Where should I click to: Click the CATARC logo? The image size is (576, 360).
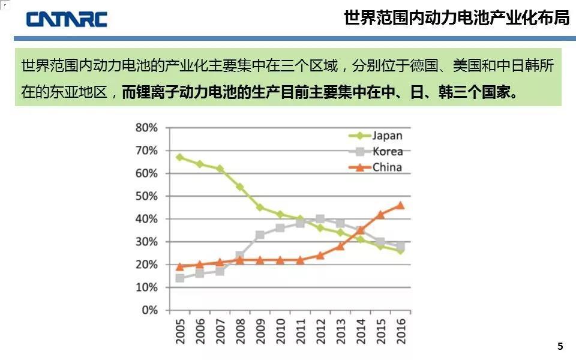click(66, 19)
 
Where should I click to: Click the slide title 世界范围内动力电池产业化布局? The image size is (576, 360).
click(457, 18)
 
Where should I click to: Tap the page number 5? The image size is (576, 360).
click(560, 346)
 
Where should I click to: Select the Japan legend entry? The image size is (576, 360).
click(387, 135)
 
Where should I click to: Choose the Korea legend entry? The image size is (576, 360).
click(387, 151)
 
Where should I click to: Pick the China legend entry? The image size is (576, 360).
click(387, 167)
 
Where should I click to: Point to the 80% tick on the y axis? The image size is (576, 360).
click(146, 128)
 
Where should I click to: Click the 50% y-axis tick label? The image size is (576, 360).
click(146, 196)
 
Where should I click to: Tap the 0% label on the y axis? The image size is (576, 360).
click(149, 310)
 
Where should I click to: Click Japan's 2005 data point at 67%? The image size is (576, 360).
click(180, 157)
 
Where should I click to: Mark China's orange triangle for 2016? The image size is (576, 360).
click(401, 205)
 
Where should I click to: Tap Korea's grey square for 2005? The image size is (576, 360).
click(180, 278)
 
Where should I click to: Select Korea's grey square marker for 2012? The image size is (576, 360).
click(320, 219)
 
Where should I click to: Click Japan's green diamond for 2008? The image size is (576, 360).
click(240, 187)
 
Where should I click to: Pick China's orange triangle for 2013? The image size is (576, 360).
click(340, 246)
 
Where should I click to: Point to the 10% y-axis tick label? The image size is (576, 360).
click(146, 287)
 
